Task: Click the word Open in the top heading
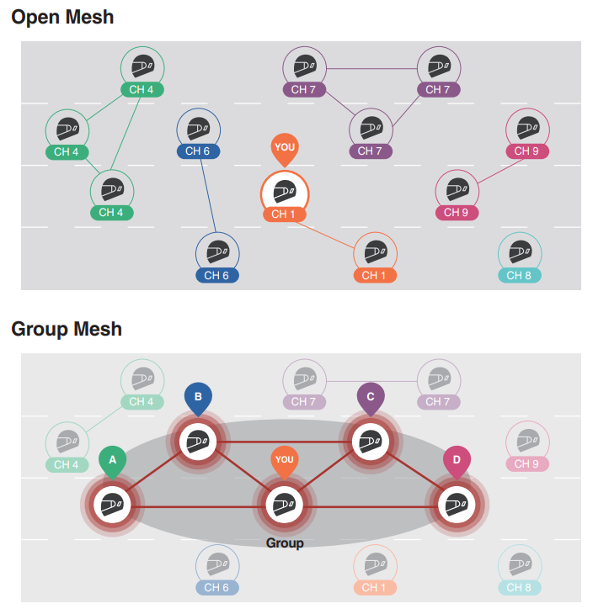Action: click(x=35, y=18)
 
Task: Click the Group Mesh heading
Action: click(x=67, y=329)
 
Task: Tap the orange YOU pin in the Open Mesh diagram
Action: click(x=285, y=149)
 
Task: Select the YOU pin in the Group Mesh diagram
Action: click(x=285, y=462)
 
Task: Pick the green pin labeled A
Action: click(x=113, y=462)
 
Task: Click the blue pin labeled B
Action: click(x=199, y=399)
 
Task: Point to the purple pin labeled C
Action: click(x=371, y=399)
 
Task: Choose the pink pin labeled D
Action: click(x=457, y=462)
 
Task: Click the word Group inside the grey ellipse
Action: click(x=285, y=543)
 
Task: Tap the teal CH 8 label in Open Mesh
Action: click(x=520, y=275)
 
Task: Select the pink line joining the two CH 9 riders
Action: click(x=501, y=171)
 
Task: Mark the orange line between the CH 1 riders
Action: click(x=325, y=235)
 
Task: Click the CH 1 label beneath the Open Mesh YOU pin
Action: click(x=285, y=214)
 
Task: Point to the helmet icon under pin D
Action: click(x=457, y=505)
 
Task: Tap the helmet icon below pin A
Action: click(x=113, y=505)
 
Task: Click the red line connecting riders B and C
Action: click(x=285, y=442)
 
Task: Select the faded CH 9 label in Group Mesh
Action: click(x=527, y=463)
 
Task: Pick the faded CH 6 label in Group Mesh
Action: click(x=217, y=587)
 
